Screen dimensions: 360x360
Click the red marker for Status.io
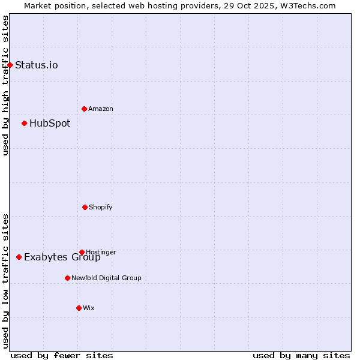pos(10,65)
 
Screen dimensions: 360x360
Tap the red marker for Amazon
pos(84,109)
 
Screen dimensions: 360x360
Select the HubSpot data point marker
pos(24,123)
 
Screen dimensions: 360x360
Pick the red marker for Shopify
pos(85,207)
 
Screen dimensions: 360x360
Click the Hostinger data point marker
pos(82,252)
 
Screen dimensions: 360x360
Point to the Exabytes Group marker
pos(19,257)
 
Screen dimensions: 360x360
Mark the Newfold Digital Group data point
pos(67,278)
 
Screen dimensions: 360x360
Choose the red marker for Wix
pos(79,308)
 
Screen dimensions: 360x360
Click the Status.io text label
pos(37,65)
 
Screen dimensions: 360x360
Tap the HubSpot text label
pos(50,123)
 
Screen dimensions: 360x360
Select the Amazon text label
pos(101,109)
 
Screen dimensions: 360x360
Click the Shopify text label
pos(101,207)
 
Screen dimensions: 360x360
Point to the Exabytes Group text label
pos(62,257)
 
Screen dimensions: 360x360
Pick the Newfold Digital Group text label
pos(106,278)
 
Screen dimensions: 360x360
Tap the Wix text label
pos(89,308)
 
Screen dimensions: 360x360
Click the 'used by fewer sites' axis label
pos(62,355)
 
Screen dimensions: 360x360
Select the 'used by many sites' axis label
pos(301,355)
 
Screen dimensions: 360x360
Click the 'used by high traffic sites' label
pos(5,85)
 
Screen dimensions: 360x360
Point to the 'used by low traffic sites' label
pos(5,281)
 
